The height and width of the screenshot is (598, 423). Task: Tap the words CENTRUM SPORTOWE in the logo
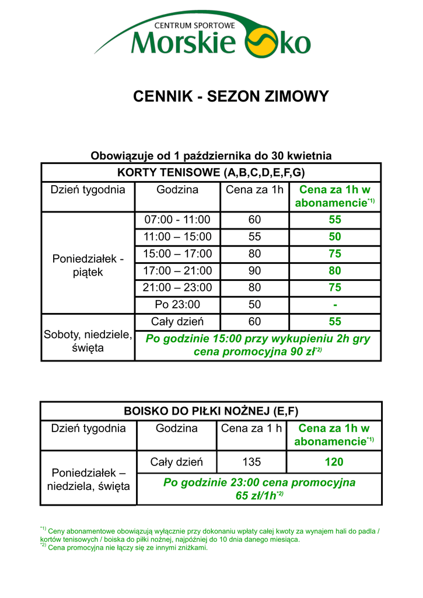click(x=194, y=26)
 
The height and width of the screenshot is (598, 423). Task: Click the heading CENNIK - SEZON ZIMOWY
click(x=231, y=96)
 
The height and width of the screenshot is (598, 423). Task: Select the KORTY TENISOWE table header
click(x=211, y=173)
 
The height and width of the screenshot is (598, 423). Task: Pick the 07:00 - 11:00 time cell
click(x=177, y=220)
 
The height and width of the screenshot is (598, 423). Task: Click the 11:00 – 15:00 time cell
click(x=177, y=237)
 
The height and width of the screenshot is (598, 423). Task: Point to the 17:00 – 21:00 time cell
click(x=177, y=271)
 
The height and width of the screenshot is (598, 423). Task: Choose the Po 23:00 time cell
click(x=177, y=304)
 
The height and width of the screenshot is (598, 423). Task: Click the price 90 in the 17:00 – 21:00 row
click(x=254, y=271)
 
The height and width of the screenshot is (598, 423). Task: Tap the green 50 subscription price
click(x=335, y=237)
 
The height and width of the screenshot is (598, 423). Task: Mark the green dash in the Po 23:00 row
click(x=335, y=304)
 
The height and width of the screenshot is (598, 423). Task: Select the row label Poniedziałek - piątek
click(x=88, y=265)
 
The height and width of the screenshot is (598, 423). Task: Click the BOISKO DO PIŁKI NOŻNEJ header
click(x=211, y=411)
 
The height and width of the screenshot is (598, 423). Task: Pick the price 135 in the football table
click(x=251, y=462)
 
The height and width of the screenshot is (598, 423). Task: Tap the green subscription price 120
click(x=334, y=462)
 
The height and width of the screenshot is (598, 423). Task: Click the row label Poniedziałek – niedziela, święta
click(x=88, y=479)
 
